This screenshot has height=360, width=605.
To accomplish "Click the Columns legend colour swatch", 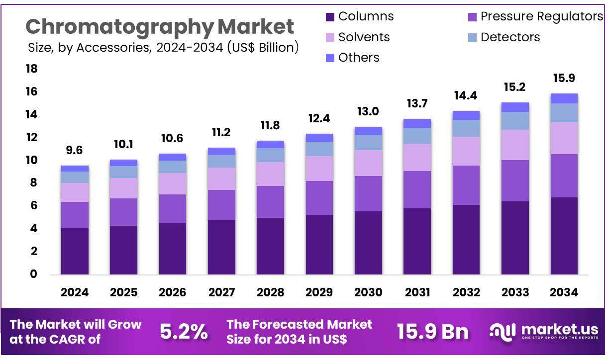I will pyautogui.click(x=330, y=17).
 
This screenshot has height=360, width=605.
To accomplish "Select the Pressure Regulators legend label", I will pyautogui.click(x=541, y=16).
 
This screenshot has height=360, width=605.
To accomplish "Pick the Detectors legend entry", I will pyautogui.click(x=510, y=37).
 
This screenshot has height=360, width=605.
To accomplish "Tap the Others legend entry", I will pyautogui.click(x=358, y=58).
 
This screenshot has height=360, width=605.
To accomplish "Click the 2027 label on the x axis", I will pyautogui.click(x=221, y=292).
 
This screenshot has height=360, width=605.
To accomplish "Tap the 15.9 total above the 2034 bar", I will pyautogui.click(x=564, y=79).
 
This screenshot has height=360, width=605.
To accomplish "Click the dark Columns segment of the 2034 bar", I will pyautogui.click(x=564, y=236).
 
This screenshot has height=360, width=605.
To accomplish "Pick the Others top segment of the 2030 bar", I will pyautogui.click(x=368, y=131).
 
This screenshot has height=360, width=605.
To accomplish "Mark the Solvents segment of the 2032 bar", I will pyautogui.click(x=466, y=151).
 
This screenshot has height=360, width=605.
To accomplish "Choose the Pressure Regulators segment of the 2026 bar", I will pyautogui.click(x=172, y=209).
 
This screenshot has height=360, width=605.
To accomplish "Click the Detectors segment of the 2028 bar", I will pyautogui.click(x=270, y=155).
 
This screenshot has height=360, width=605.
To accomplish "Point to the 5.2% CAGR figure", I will pyautogui.click(x=184, y=332).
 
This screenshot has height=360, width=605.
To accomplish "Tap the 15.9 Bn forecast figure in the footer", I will pyautogui.click(x=432, y=332).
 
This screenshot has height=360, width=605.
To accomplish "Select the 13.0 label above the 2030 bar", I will pyautogui.click(x=368, y=112).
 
